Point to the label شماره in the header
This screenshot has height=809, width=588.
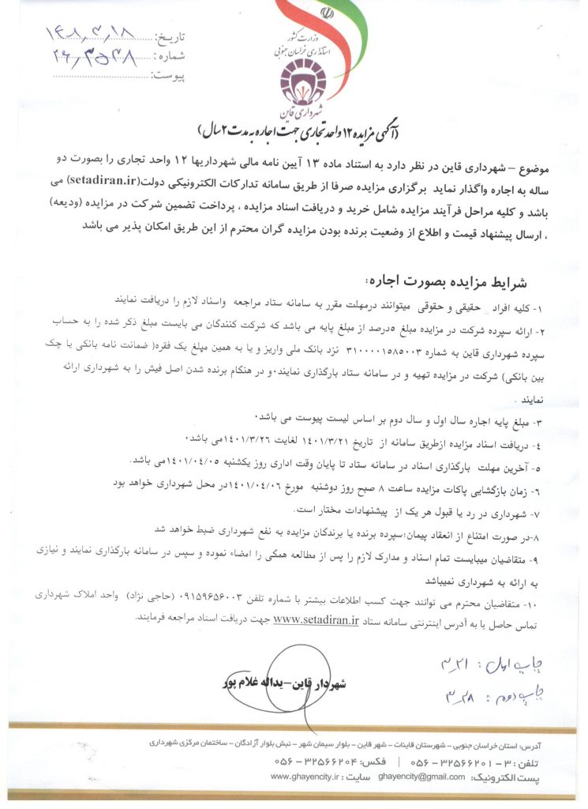click(x=169, y=57)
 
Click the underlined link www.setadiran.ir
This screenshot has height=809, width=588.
click(x=315, y=621)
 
